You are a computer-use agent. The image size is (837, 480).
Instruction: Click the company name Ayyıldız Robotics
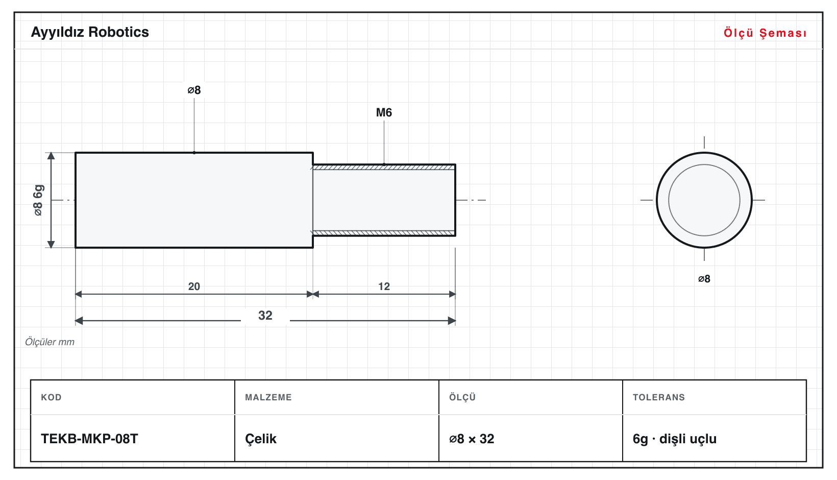[90, 33]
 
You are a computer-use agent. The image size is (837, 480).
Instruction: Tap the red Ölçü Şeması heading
[765, 33]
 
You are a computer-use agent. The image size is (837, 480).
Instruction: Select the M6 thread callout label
[384, 112]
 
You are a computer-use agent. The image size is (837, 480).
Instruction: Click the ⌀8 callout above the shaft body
[194, 90]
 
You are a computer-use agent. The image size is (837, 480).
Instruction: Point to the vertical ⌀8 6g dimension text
[38, 200]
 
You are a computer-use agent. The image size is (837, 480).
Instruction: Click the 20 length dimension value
[194, 286]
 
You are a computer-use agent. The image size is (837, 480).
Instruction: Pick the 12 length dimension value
[384, 286]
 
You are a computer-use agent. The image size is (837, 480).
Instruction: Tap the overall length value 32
[265, 315]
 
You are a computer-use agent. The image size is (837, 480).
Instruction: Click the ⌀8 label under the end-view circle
[704, 279]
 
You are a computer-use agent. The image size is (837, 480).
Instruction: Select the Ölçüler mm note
[50, 342]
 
